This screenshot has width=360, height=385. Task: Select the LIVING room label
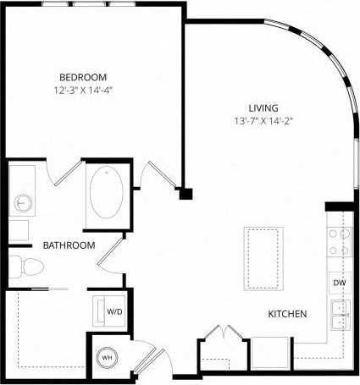click(x=263, y=107)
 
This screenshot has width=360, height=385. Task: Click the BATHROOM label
click(x=69, y=245)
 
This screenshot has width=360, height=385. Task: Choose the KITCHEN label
click(x=287, y=314)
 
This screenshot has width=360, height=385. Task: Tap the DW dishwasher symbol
click(x=339, y=283)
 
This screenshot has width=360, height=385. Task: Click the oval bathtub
click(x=107, y=193)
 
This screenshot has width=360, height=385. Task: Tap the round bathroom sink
click(x=23, y=203)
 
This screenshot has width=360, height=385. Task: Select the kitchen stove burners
click(x=340, y=242)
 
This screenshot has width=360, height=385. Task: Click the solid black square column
click(x=186, y=194)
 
